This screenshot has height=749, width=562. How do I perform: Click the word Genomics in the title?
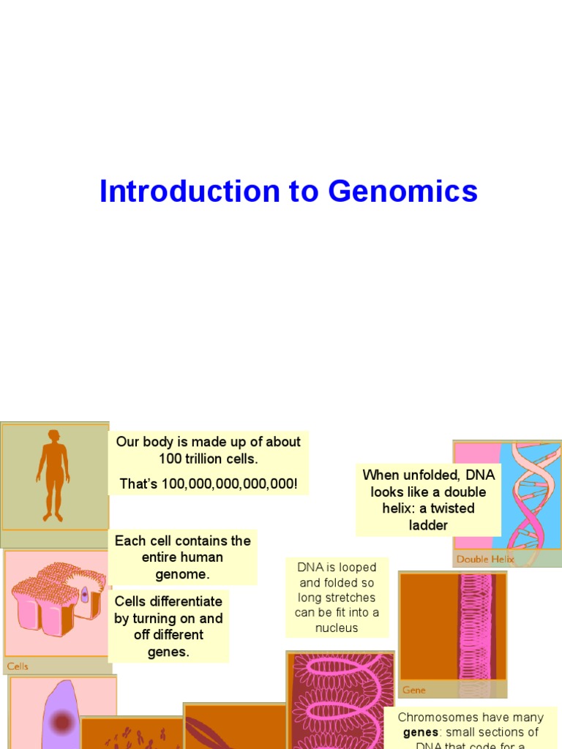point(402,192)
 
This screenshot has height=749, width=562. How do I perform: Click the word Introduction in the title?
point(189,192)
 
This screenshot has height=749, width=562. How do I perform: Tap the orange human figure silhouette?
point(53,475)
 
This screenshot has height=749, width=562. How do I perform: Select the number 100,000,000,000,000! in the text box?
point(209,484)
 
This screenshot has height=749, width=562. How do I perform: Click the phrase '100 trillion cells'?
point(209,459)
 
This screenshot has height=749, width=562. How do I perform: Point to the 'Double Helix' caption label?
point(485,559)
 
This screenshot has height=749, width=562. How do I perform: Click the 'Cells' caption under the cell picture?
point(18,666)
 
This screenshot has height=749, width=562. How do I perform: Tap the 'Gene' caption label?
point(414,690)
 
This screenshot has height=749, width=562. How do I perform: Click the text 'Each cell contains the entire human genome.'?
point(183,557)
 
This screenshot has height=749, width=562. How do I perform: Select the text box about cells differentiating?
point(168,626)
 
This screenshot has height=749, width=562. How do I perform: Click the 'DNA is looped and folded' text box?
point(337,598)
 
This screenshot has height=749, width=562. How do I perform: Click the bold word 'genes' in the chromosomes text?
point(420,732)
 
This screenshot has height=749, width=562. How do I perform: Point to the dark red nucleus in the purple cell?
point(62,723)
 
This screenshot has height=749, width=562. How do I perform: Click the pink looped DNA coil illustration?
point(340,695)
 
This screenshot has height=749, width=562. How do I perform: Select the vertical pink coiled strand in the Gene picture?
point(474,629)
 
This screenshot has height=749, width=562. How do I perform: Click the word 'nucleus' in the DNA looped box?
point(337,628)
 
